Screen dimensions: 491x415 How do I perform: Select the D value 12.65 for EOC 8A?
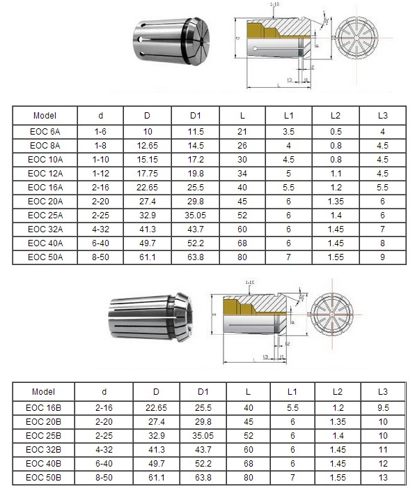point(147,145)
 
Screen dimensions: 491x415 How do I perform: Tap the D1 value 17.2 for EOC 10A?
point(196,159)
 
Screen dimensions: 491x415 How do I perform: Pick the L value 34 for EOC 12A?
point(242,173)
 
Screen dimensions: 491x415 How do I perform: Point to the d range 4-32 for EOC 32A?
point(99,229)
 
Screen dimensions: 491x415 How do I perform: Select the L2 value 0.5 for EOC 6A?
point(335,131)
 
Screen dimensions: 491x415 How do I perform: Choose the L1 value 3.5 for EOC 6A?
point(288,131)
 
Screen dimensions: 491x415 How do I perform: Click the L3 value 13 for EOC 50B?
point(383,477)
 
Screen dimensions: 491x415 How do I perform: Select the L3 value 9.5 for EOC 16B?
point(383,407)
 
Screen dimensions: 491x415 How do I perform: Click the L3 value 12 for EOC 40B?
point(383,463)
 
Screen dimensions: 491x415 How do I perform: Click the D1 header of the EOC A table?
point(196,115)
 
